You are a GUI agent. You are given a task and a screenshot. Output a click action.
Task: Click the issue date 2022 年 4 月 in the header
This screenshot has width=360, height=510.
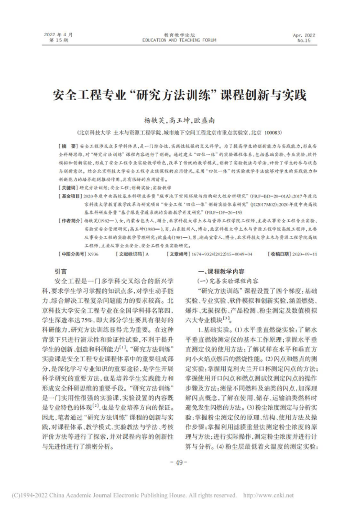click(x=59, y=34)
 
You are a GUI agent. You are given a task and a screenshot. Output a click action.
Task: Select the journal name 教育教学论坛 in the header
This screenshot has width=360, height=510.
click(x=179, y=34)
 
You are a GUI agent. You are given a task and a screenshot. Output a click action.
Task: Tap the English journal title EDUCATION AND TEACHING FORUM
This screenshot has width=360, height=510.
click(x=179, y=40)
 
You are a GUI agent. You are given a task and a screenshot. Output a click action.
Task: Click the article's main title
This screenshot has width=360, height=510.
click(x=180, y=96)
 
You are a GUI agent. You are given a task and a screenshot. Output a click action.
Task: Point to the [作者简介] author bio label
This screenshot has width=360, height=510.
click(x=70, y=221)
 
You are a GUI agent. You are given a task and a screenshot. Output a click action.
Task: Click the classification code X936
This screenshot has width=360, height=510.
click(x=94, y=254)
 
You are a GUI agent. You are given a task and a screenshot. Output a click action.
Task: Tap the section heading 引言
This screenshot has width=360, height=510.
click(x=61, y=272)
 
